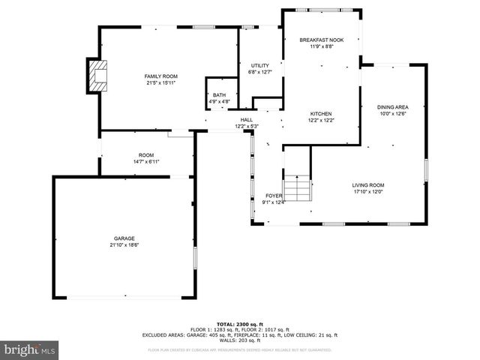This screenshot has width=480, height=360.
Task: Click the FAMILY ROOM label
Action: coord(160,76)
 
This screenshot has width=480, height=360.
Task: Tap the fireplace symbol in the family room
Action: coord(96,76)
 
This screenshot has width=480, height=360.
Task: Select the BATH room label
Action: coord(219,95)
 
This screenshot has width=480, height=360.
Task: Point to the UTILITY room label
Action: coord(259,66)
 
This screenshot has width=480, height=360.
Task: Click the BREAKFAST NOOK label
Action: coord(322,40)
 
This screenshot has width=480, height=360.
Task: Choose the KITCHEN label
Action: coord(321,114)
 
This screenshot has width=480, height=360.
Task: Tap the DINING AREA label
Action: coord(392,107)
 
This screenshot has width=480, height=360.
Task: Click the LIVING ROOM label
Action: coord(368,184)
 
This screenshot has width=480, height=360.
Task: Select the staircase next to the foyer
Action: coord(296,188)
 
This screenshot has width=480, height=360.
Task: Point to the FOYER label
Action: coord(273,196)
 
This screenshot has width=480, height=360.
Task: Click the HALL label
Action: coord(247,120)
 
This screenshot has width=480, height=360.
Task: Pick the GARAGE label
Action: coord(124,238)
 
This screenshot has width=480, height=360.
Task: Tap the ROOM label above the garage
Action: coord(146,155)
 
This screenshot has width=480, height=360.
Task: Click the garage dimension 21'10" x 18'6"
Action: coord(124,244)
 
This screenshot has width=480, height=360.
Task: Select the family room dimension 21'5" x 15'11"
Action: coord(160,82)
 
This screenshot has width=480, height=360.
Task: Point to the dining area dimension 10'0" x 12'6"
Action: coord(392,114)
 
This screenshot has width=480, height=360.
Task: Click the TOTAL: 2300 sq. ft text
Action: coord(239,324)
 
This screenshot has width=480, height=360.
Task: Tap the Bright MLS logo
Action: coord(30,349)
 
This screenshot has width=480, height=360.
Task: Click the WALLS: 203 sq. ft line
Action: coord(239,340)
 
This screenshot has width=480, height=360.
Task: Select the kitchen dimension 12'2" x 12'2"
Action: coord(321,120)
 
